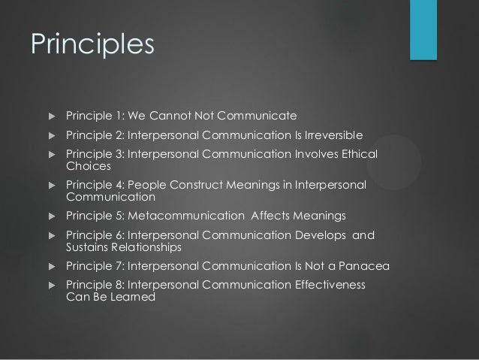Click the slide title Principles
(x=92, y=44)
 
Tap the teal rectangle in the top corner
(x=423, y=29)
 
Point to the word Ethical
(x=354, y=155)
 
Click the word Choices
(x=88, y=166)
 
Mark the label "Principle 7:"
(x=95, y=266)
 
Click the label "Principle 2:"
(x=95, y=135)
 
